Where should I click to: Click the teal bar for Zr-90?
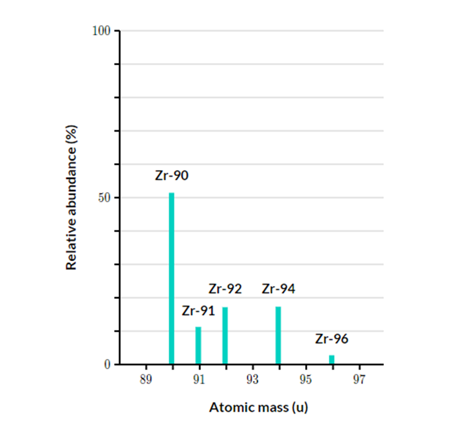172,279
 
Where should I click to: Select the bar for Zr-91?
198,345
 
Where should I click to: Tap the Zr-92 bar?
225,336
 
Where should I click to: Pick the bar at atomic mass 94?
278,336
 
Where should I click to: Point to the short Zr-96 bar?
332,360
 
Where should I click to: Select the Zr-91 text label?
198,311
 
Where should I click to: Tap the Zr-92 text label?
225,289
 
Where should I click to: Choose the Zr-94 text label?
278,289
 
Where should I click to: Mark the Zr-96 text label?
331,339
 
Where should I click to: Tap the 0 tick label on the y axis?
108,365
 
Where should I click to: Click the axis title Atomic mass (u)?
252,407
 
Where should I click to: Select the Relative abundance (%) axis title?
71,197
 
